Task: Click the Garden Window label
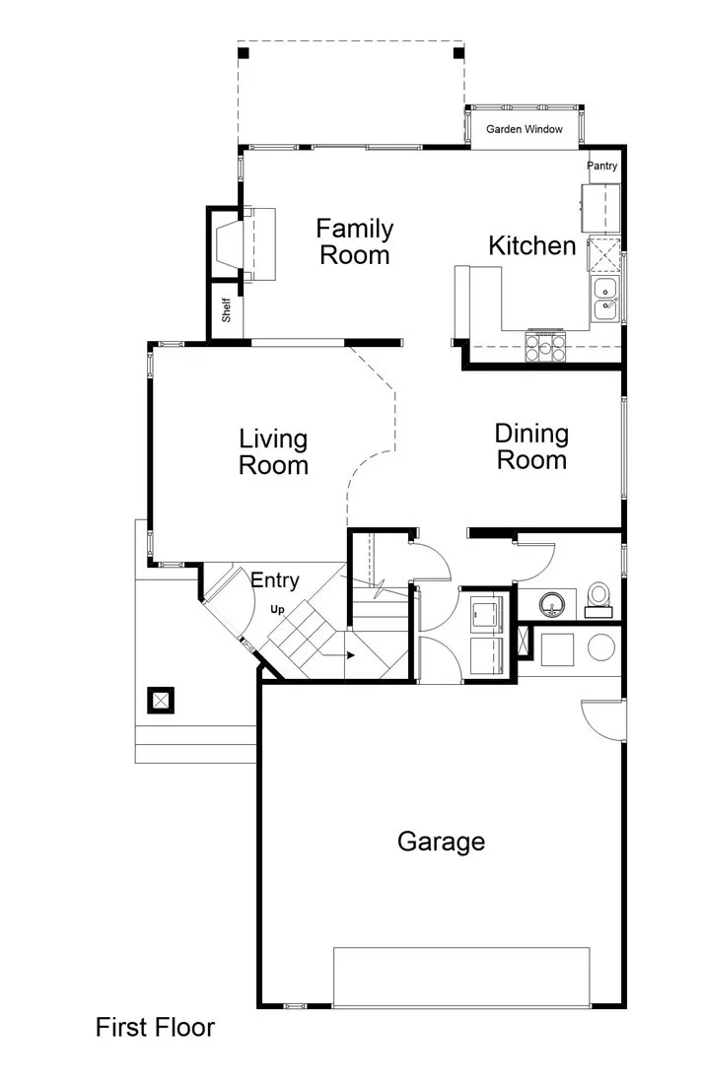pos(524,129)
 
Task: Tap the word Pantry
pos(601,166)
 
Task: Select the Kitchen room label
pos(531,245)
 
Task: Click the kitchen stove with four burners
pos(545,344)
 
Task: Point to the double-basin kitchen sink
pos(604,300)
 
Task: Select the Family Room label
pos(354,241)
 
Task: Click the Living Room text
pos(273,451)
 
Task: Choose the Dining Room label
pos(531,446)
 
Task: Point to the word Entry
pos(274,580)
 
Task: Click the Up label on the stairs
pos(278,610)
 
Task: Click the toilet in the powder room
pos(598,598)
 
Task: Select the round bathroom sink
pos(548,601)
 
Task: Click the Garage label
pos(441,841)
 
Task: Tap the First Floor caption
pos(155,1028)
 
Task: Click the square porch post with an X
pos(160,701)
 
